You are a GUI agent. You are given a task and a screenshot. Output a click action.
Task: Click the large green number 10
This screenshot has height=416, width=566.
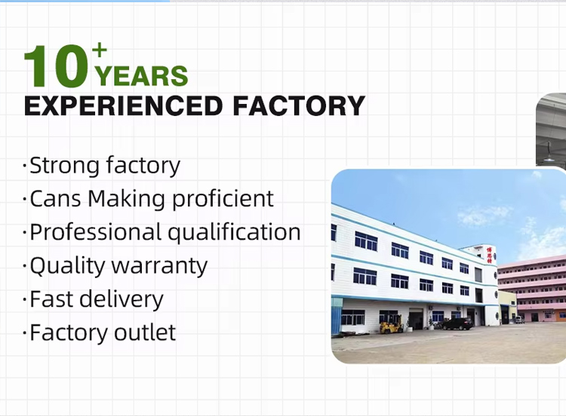57,66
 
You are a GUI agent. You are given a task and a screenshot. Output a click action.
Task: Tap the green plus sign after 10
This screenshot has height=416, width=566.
100,50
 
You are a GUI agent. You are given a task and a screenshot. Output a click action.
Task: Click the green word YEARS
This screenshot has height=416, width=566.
141,75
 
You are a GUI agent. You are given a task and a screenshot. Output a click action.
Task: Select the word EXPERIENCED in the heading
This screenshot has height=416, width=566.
123,106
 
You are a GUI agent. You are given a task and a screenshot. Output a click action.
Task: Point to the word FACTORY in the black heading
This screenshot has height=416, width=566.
299,106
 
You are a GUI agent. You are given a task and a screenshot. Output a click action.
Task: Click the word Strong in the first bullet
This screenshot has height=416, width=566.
64,166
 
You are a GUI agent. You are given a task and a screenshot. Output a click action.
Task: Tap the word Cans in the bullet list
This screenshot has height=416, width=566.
55,199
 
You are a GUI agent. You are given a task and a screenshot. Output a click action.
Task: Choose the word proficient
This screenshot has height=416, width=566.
223,198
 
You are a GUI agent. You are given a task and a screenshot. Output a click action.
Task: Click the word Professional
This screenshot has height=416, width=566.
95,232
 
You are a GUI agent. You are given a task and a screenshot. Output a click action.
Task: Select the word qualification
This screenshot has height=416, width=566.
234,232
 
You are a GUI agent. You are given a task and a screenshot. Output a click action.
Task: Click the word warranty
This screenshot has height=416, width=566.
159,266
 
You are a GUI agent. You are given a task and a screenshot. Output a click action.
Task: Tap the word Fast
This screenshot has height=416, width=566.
51,299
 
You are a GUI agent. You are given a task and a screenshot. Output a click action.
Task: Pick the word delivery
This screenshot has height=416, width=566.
122,299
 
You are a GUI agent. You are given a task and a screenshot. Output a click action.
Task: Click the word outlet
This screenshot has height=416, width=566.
145,332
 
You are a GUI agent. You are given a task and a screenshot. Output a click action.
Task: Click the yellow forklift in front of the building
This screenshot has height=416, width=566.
391,324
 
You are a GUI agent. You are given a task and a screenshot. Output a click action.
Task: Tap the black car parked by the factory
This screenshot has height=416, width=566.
457,324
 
